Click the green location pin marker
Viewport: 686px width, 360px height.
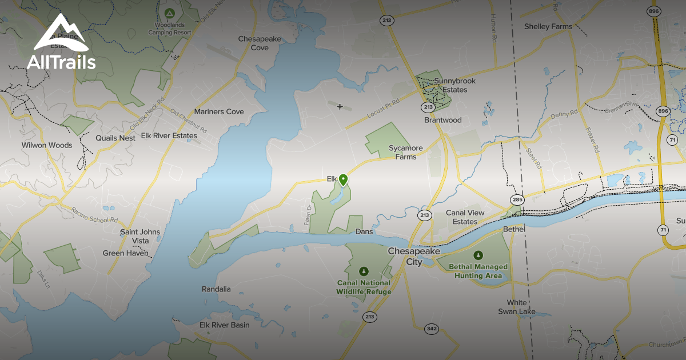click(x=343, y=179)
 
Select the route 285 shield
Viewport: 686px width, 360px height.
click(x=517, y=199)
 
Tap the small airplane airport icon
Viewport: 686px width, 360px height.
click(x=340, y=107)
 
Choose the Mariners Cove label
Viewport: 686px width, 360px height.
click(x=219, y=111)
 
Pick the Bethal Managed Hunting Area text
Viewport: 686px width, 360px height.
click(x=478, y=271)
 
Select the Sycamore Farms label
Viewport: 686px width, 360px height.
click(x=406, y=152)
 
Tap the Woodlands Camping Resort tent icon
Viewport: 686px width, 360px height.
click(x=169, y=13)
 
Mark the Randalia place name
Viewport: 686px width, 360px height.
click(x=216, y=289)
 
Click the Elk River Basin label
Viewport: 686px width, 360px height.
click(x=224, y=325)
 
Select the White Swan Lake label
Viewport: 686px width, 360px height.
click(x=516, y=307)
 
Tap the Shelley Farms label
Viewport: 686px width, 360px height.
click(x=548, y=26)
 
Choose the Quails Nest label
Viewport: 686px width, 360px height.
click(x=115, y=138)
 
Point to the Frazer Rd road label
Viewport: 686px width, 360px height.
click(x=592, y=139)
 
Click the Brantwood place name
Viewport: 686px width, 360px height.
click(x=442, y=120)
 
